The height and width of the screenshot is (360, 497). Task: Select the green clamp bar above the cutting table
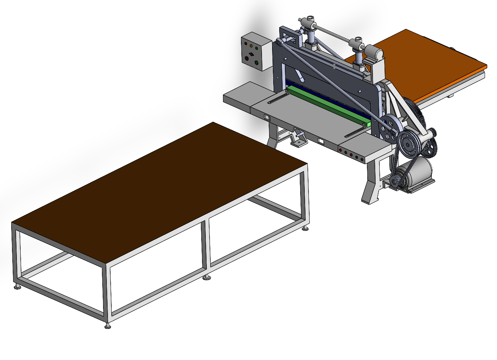tap(326, 105)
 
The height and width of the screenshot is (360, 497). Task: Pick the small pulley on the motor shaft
tap(395, 181)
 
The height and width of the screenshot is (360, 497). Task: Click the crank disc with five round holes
tap(387, 128)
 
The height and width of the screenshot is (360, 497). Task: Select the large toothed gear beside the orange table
tap(416, 112)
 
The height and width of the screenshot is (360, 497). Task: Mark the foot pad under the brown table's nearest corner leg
tap(108, 327)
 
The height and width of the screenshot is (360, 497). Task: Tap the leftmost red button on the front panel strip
tap(340, 150)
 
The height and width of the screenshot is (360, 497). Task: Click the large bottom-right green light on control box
tap(257, 63)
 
